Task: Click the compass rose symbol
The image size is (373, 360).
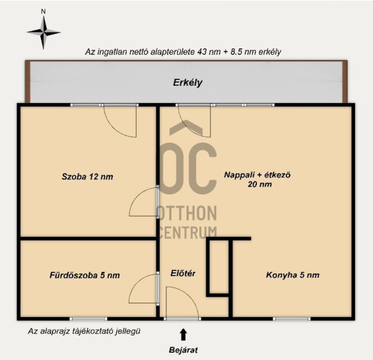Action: (x=43, y=32)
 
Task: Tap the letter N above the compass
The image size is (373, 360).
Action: (x=43, y=12)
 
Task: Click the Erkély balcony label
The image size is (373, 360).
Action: (x=188, y=83)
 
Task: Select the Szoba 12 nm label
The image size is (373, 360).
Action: (x=87, y=176)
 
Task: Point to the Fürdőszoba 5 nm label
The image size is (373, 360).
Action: (x=85, y=275)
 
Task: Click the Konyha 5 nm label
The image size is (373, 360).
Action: (x=292, y=275)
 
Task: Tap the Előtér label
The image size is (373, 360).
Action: (x=183, y=273)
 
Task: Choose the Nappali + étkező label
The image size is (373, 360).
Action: (x=257, y=175)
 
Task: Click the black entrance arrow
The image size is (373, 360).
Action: (x=184, y=334)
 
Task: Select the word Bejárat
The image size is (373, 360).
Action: (x=184, y=350)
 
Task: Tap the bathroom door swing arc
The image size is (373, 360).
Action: (x=138, y=283)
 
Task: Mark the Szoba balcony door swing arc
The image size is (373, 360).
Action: (x=113, y=127)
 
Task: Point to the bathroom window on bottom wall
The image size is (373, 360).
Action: (x=89, y=319)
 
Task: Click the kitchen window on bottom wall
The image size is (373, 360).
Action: (x=292, y=319)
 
